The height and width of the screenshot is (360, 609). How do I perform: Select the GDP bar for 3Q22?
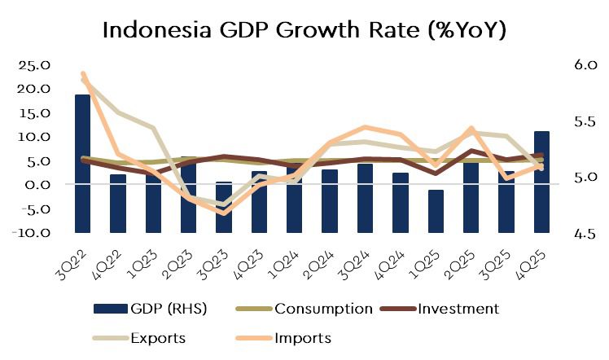(x=82, y=163)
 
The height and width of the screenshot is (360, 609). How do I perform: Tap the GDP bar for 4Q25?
(x=541, y=181)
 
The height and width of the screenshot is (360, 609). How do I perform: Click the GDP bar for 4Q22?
(x=118, y=203)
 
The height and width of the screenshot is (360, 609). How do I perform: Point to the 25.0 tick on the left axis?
(x=33, y=64)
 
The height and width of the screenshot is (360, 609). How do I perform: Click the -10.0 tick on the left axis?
(x=32, y=233)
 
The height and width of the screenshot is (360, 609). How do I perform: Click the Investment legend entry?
(x=455, y=309)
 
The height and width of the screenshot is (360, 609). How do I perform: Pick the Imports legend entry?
(x=302, y=337)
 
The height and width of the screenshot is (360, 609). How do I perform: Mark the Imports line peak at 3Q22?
(x=83, y=74)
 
